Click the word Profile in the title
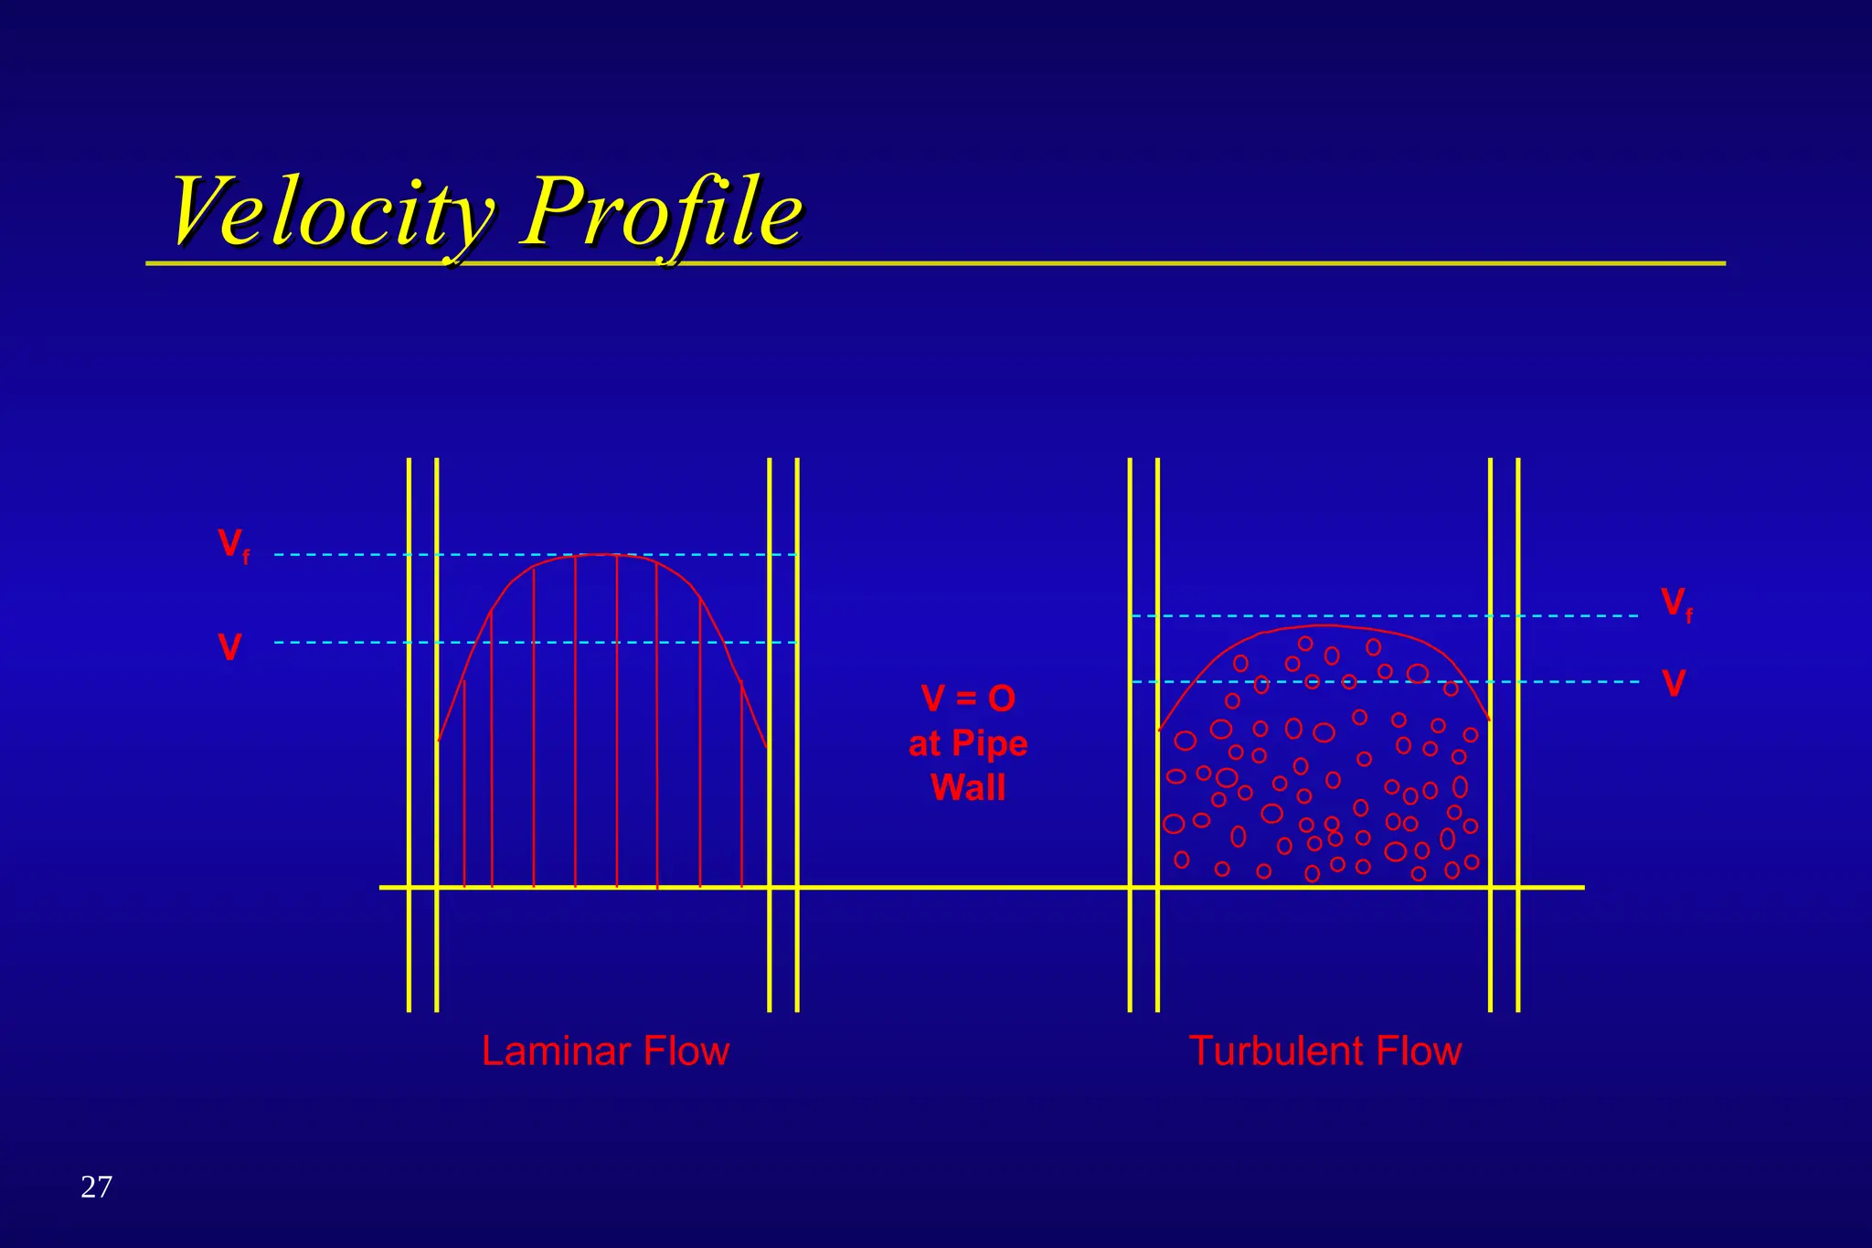pyautogui.click(x=663, y=212)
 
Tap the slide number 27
pyautogui.click(x=96, y=1187)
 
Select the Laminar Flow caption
pyautogui.click(x=605, y=1051)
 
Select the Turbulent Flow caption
pyautogui.click(x=1324, y=1051)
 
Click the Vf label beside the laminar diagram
pyautogui.click(x=233, y=545)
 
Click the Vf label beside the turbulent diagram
pyautogui.click(x=1675, y=604)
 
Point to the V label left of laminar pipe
pyautogui.click(x=230, y=648)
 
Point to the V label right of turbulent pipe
pyautogui.click(x=1674, y=684)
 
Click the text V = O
pyautogui.click(x=968, y=699)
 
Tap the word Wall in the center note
pyautogui.click(x=968, y=787)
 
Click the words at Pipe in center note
pyautogui.click(x=968, y=743)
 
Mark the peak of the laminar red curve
pyautogui.click(x=599, y=555)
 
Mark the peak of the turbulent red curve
pyautogui.click(x=1325, y=626)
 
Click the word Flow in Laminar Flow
pyautogui.click(x=686, y=1051)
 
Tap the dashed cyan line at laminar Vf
pyautogui.click(x=347, y=555)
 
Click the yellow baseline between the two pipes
pyautogui.click(x=960, y=887)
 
